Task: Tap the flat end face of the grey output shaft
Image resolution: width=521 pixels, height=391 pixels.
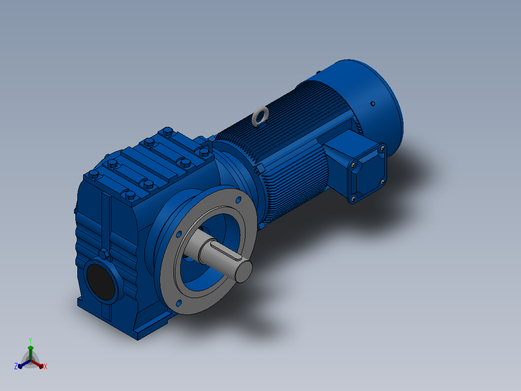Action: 244,271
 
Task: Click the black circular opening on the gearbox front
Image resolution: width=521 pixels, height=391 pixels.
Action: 101,282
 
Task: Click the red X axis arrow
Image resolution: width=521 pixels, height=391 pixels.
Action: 38,364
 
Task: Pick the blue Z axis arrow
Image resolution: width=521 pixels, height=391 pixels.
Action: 24,364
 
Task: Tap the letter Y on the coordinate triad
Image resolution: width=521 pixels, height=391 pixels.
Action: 30,341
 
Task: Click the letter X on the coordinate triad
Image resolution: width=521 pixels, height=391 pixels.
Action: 45,366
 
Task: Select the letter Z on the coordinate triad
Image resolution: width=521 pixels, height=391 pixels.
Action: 16,366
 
